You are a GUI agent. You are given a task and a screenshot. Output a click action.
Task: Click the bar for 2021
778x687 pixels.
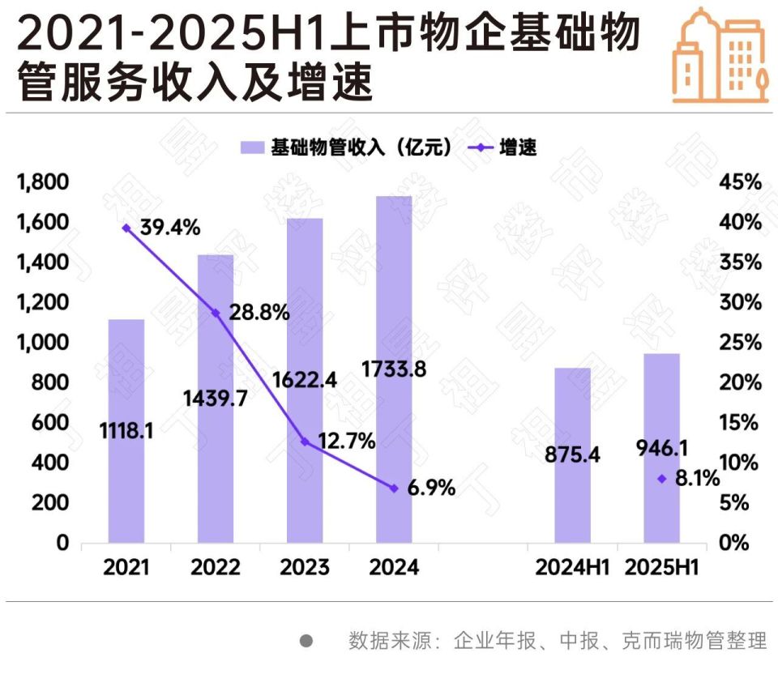[126, 430]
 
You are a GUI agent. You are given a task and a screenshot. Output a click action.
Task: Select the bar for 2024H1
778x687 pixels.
[572, 454]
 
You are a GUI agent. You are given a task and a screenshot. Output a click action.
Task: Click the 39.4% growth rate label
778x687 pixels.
[170, 228]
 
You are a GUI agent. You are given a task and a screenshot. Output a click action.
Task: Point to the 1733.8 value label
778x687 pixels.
[395, 369]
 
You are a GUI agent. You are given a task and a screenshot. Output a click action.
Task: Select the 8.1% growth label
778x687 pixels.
[697, 479]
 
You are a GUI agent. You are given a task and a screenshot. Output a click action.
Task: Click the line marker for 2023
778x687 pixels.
[305, 442]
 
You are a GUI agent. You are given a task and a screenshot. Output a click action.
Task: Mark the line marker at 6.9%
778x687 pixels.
[394, 489]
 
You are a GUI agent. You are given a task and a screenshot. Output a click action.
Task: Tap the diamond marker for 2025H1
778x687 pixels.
[661, 479]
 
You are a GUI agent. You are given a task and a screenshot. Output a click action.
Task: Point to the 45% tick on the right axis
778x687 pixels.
[740, 182]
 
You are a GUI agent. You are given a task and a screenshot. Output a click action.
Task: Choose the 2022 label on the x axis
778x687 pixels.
[216, 567]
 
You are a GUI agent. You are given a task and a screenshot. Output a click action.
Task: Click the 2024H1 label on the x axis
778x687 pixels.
[572, 567]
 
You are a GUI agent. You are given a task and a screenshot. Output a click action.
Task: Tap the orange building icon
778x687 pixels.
[720, 55]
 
